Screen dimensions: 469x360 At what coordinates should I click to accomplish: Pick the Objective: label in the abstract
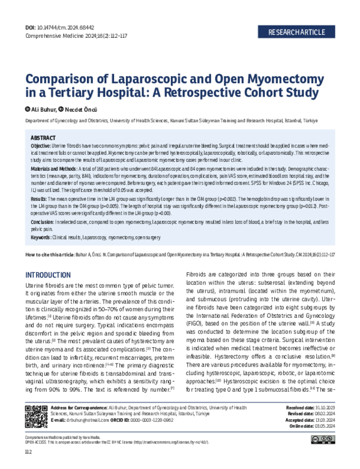pos(41,146)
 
